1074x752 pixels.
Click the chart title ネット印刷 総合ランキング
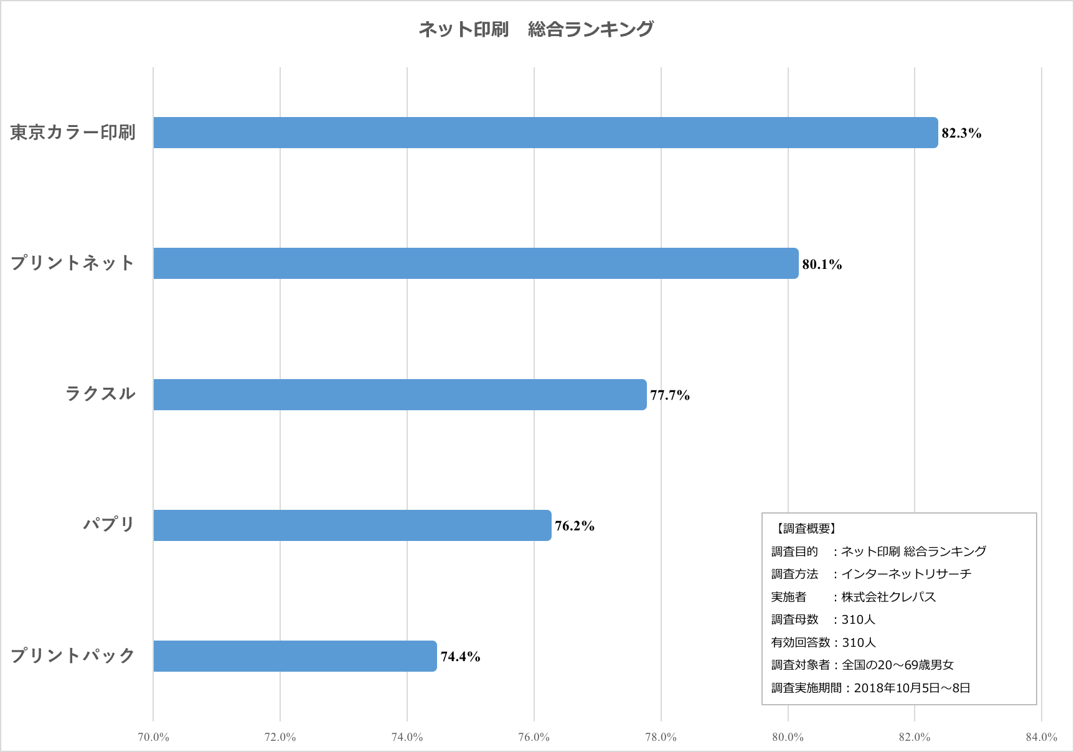(536, 29)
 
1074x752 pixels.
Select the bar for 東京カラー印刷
(545, 133)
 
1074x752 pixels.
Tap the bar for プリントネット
(476, 263)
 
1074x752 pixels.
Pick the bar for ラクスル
(400, 395)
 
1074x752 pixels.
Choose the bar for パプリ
(352, 525)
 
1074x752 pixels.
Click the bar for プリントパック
(295, 656)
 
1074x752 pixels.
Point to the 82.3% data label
(961, 133)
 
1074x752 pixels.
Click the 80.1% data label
(822, 265)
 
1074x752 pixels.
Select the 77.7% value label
(670, 395)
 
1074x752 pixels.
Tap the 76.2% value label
(575, 526)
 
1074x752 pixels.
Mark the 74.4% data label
(460, 657)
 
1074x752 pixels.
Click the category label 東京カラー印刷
(73, 133)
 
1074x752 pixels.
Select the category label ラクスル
(101, 393)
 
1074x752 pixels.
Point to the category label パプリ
(110, 524)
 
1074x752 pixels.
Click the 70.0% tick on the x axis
(153, 737)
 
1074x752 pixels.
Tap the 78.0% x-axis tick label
(661, 737)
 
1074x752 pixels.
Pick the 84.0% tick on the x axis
(1042, 737)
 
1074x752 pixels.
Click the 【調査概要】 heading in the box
(806, 529)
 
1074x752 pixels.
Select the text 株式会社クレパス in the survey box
(888, 597)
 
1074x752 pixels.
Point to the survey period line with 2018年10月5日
(870, 688)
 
